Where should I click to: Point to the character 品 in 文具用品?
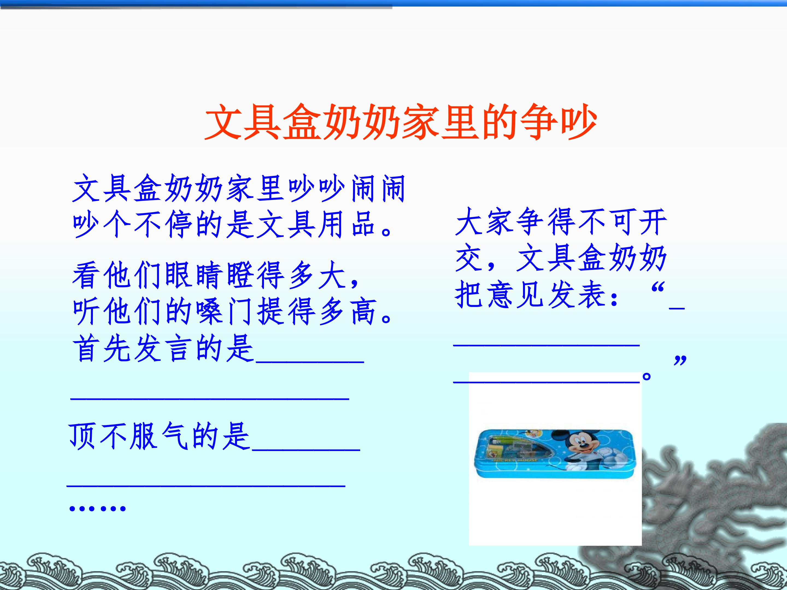(364, 225)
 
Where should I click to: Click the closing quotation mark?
(680, 360)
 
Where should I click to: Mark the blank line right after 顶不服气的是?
(306, 449)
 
